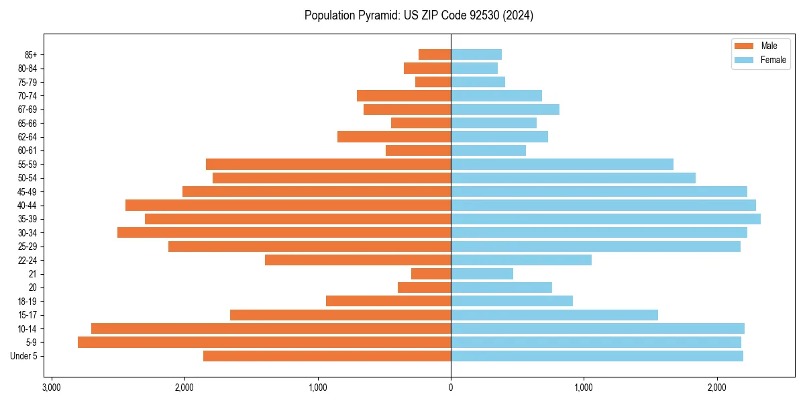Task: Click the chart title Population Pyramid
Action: pyautogui.click(x=419, y=15)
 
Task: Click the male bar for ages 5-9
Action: pyautogui.click(x=264, y=342)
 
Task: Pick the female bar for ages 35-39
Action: pyautogui.click(x=605, y=219)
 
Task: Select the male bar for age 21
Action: pyautogui.click(x=431, y=273)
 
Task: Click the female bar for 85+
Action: pyautogui.click(x=476, y=54)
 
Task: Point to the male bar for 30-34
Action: pyautogui.click(x=284, y=232)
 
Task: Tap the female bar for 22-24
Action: pyautogui.click(x=521, y=260)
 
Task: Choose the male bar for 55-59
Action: pyautogui.click(x=328, y=164)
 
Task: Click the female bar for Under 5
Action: pyautogui.click(x=596, y=356)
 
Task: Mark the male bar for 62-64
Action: pyautogui.click(x=394, y=136)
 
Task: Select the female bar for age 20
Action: pyautogui.click(x=501, y=287)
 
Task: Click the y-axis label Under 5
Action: pyautogui.click(x=24, y=356)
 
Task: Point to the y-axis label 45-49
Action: pyautogui.click(x=28, y=191)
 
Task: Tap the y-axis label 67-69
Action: pyautogui.click(x=28, y=109)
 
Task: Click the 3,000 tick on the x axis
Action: pyautogui.click(x=51, y=388)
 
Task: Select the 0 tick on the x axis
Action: pyautogui.click(x=451, y=388)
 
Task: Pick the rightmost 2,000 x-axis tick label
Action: pyautogui.click(x=716, y=388)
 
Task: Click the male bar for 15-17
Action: pyautogui.click(x=340, y=315)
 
